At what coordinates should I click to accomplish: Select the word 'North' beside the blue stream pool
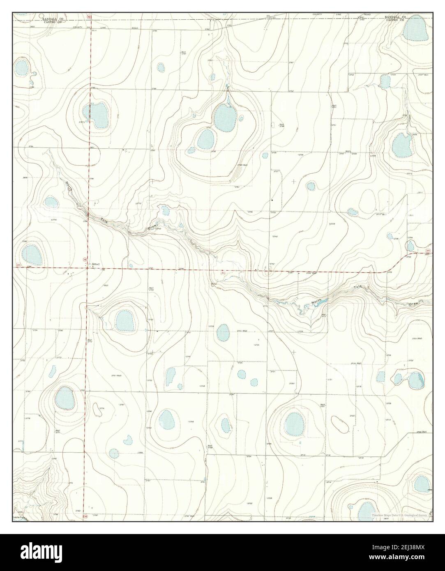click(x=317, y=302)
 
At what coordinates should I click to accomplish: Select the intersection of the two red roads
click(x=88, y=268)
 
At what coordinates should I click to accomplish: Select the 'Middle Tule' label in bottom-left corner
click(x=19, y=518)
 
